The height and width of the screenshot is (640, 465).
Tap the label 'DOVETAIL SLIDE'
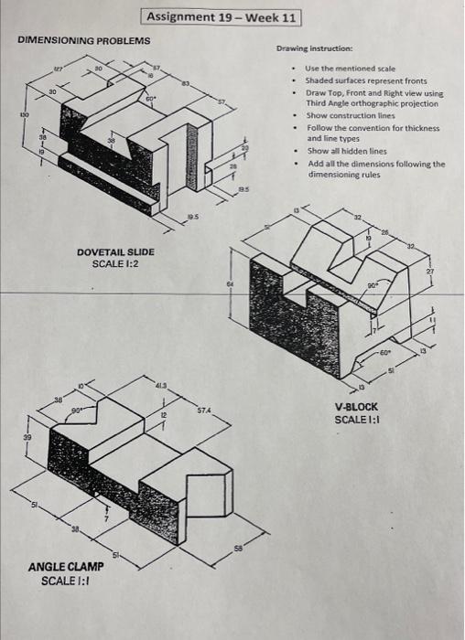tap(115, 251)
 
